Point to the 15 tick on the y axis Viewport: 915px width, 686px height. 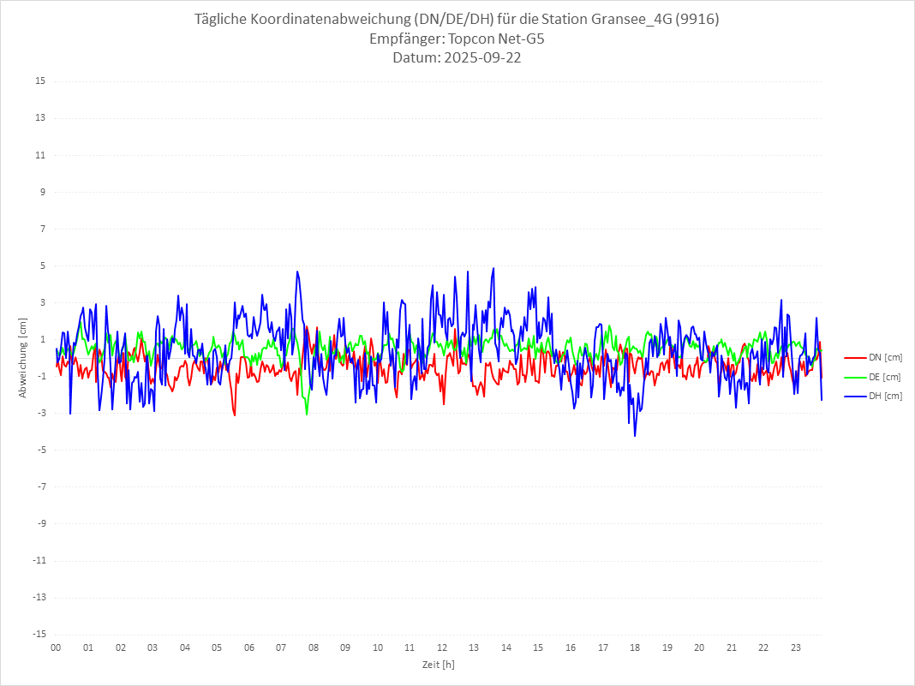pyautogui.click(x=40, y=81)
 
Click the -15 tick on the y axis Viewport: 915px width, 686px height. pyautogui.click(x=39, y=634)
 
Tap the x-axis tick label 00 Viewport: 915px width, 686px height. pyautogui.click(x=56, y=647)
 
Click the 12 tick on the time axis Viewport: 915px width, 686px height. pyautogui.click(x=442, y=647)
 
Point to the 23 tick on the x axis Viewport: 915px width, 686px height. pyautogui.click(x=796, y=647)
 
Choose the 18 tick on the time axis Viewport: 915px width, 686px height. pyautogui.click(x=635, y=647)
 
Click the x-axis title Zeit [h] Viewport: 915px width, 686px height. pyautogui.click(x=438, y=664)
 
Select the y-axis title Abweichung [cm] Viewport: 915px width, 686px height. pyautogui.click(x=23, y=358)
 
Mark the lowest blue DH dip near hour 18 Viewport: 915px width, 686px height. pyautogui.click(x=635, y=436)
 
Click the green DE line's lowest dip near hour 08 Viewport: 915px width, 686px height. pyautogui.click(x=307, y=415)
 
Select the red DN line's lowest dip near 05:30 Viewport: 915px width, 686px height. pyautogui.click(x=235, y=415)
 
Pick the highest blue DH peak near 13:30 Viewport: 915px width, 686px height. pyautogui.click(x=493, y=268)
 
